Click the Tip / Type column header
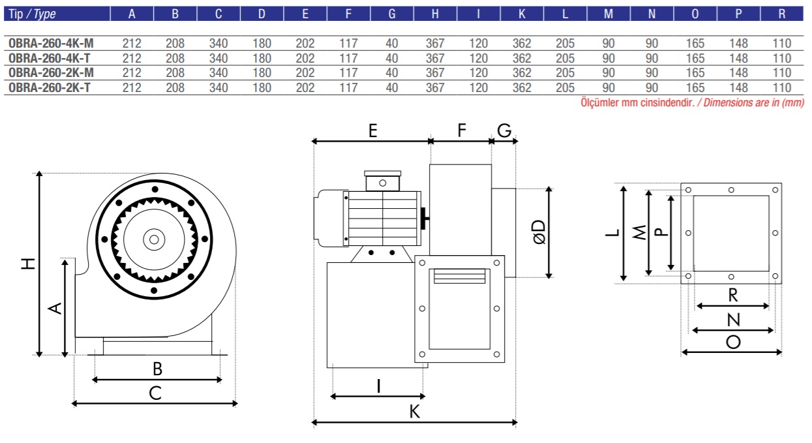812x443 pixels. coord(32,14)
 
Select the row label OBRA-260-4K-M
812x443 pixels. coord(51,44)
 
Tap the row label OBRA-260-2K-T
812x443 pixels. coord(50,87)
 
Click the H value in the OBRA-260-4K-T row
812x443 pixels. coord(435,58)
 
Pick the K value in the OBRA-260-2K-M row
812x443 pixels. coord(522,73)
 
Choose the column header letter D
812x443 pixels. coord(262,14)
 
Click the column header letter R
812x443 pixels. coord(782,14)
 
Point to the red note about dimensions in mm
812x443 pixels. coord(693,102)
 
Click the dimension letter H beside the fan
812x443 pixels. coord(28,264)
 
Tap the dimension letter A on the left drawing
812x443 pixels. coord(55,308)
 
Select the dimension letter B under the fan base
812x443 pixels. coord(157,369)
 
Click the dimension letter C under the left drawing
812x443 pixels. coord(155,393)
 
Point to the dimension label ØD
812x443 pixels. coord(539,232)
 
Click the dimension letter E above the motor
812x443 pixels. coord(372,130)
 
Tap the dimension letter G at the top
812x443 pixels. coord(504,130)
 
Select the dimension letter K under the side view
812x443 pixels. coord(414,412)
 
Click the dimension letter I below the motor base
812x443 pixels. coord(378,386)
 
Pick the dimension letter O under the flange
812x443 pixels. coord(733,343)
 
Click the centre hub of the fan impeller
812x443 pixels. coord(154,239)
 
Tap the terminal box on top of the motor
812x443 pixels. coord(382,181)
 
